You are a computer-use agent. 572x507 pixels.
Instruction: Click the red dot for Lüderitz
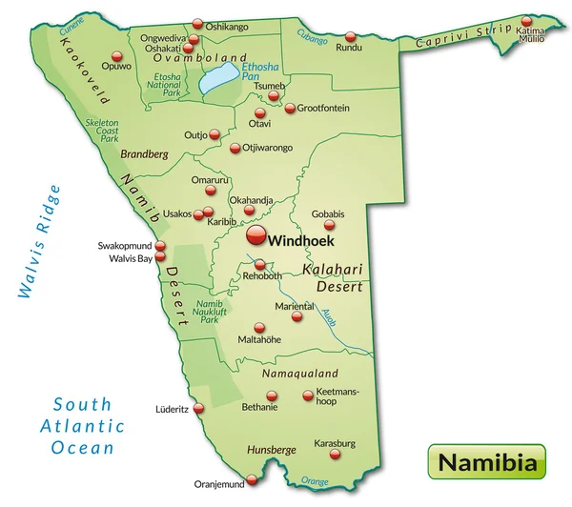198,408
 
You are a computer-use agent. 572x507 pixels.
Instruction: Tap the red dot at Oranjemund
252,479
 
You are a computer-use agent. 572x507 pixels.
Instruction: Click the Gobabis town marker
331,226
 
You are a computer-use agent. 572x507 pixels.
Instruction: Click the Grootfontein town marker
290,109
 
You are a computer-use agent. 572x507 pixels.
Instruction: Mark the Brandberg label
144,152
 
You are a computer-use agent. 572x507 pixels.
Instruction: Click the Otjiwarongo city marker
235,148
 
